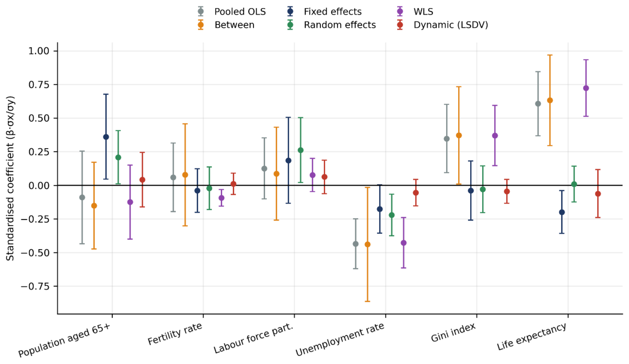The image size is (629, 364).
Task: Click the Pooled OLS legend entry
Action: (231, 12)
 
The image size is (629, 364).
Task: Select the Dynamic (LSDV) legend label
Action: (451, 25)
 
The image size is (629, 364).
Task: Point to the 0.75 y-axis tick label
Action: (39, 85)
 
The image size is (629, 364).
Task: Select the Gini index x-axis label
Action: (453, 332)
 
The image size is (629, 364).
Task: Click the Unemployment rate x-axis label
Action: (340, 339)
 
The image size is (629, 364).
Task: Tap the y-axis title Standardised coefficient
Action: (10, 178)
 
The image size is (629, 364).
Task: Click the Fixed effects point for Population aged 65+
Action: (106, 137)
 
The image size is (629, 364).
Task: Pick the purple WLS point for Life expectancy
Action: (586, 88)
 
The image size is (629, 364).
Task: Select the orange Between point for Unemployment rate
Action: (368, 244)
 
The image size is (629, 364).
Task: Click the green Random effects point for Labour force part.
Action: (300, 150)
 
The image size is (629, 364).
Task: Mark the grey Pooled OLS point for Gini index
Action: (447, 139)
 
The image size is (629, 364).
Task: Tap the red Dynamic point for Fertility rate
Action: (233, 184)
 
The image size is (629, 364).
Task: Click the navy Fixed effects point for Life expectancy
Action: (562, 212)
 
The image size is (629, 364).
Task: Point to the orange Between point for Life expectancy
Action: (550, 100)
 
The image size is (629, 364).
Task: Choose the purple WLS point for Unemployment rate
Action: (404, 243)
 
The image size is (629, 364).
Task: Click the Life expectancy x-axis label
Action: (532, 336)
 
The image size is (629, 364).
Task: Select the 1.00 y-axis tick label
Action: (39, 51)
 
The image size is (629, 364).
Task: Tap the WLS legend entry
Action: (415, 12)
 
